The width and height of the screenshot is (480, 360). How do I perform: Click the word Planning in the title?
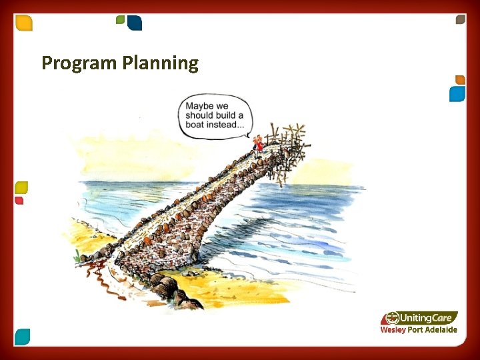pos(160,64)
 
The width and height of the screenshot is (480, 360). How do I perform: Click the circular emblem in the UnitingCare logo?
pos(392,317)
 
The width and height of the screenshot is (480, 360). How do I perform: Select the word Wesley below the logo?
pos(393,330)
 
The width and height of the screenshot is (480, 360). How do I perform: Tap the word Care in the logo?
pos(445,318)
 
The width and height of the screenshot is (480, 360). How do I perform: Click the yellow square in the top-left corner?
pos(24,23)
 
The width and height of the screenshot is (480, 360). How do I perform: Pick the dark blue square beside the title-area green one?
pos(135,23)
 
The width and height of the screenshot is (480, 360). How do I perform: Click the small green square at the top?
pos(120,20)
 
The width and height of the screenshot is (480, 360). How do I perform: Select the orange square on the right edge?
pos(459,80)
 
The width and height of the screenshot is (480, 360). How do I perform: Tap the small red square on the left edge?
pos(19,200)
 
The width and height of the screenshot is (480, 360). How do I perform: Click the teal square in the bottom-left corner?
pos(23,337)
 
